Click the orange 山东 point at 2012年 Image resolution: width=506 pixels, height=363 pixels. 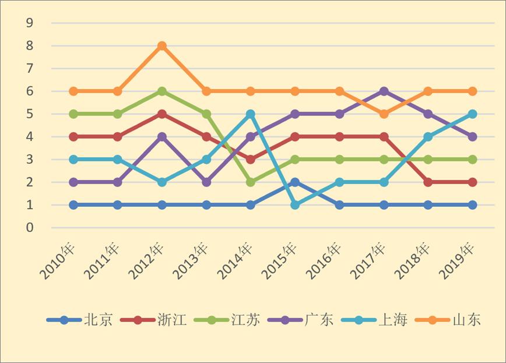(x=162, y=46)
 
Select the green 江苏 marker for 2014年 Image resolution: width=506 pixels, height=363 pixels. (x=251, y=182)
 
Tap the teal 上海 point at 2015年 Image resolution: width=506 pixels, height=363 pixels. (x=295, y=205)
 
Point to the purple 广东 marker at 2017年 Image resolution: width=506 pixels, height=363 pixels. (x=384, y=91)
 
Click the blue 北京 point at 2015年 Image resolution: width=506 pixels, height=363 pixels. (x=295, y=182)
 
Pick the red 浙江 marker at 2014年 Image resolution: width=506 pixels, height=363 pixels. (x=251, y=160)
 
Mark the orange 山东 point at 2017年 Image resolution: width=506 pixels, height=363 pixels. (x=384, y=114)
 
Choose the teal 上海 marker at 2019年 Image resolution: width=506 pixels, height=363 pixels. (x=472, y=114)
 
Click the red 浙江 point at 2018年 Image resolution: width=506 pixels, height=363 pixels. (x=428, y=182)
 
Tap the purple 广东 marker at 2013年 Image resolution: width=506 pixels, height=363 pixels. (x=206, y=182)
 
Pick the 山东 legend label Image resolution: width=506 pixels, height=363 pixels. (x=466, y=320)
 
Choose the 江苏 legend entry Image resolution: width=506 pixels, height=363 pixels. (x=245, y=320)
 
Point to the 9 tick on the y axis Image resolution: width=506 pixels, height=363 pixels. (x=30, y=23)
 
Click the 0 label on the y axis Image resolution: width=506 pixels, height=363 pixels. (x=30, y=228)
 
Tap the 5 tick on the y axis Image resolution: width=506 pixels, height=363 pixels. (x=30, y=114)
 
